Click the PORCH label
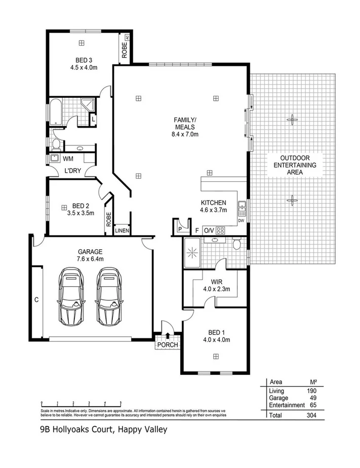(x=168, y=345)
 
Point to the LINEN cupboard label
(x=122, y=231)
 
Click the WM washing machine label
(x=68, y=159)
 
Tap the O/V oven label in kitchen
(x=209, y=230)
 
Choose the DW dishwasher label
(x=242, y=221)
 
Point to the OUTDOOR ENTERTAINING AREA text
(x=295, y=165)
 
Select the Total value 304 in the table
(x=311, y=414)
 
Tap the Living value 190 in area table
(x=311, y=391)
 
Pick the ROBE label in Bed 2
(x=109, y=219)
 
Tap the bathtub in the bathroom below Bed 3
(x=55, y=112)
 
